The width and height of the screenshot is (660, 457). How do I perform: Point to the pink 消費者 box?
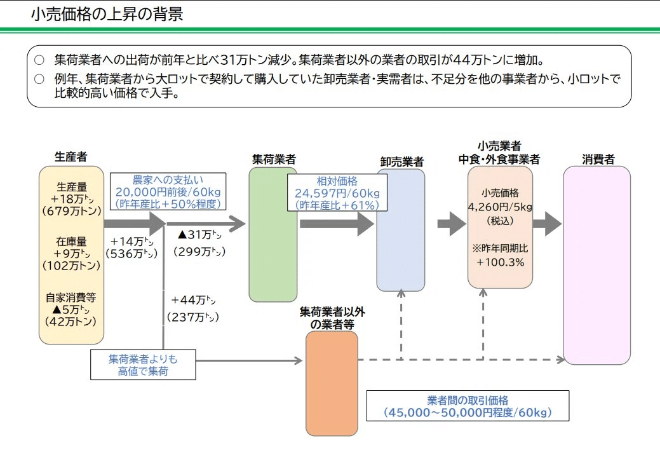click(x=596, y=265)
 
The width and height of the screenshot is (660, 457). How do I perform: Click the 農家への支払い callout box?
click(x=168, y=192)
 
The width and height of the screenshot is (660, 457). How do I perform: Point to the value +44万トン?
click(x=194, y=299)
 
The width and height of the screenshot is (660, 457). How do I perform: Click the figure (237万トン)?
click(x=193, y=317)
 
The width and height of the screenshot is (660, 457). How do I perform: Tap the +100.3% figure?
click(x=500, y=262)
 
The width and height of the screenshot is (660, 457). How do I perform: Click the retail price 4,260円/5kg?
click(x=500, y=207)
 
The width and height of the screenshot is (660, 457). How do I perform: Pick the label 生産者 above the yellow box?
click(x=71, y=156)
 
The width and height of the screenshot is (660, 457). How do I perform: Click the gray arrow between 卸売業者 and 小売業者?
click(x=452, y=224)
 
